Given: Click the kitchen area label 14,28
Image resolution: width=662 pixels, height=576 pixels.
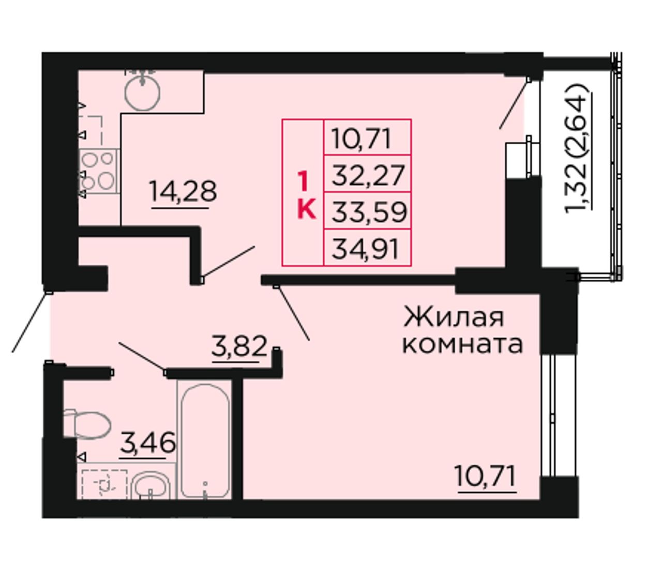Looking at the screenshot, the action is pyautogui.click(x=183, y=191).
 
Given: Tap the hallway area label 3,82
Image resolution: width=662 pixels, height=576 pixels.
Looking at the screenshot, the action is pyautogui.click(x=239, y=346).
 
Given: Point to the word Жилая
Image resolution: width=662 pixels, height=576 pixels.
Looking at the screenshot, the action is pyautogui.click(x=454, y=319).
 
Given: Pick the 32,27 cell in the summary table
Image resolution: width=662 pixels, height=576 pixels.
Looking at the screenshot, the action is pyautogui.click(x=368, y=175).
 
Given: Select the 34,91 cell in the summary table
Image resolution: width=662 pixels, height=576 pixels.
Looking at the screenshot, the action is pyautogui.click(x=368, y=248).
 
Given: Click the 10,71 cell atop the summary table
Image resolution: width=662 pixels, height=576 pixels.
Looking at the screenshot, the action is pyautogui.click(x=368, y=138).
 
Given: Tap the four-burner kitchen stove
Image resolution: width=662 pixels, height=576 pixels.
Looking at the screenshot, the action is pyautogui.click(x=99, y=171).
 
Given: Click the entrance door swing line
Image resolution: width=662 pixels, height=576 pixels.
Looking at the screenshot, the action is pyautogui.click(x=31, y=322).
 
